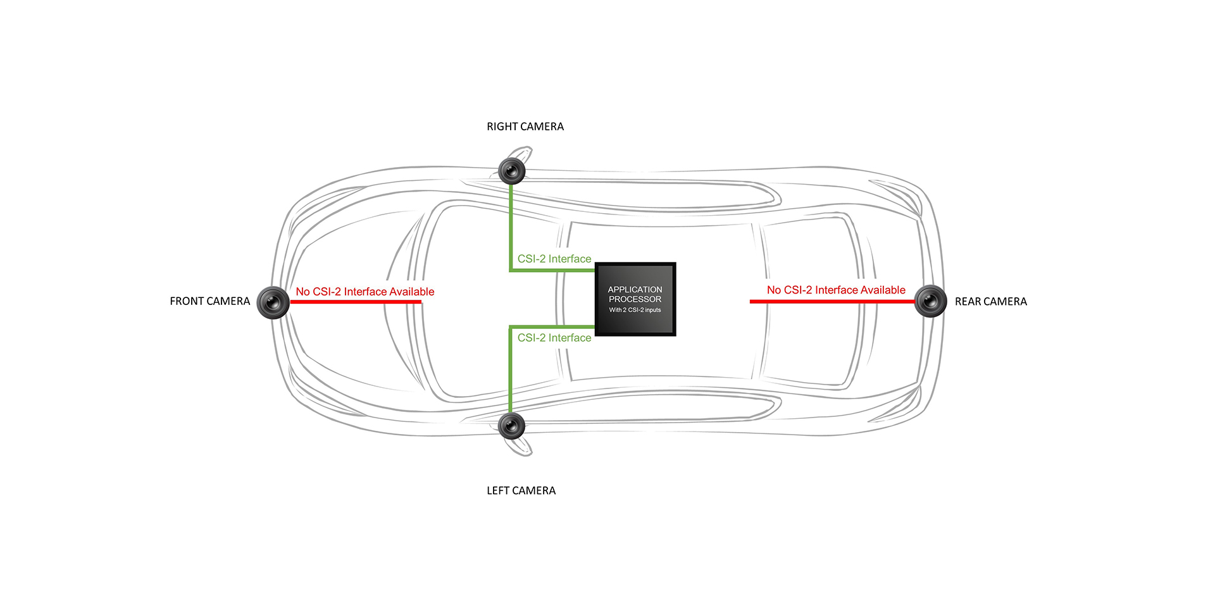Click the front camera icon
pos(273,302)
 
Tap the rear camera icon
pos(930,301)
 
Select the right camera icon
pos(512,171)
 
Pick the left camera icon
pos(512,426)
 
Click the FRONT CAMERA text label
pos(209,302)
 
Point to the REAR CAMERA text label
pos(990,302)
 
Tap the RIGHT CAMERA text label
pos(525,127)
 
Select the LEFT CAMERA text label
pos(521,491)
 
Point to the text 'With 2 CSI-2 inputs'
pos(635,310)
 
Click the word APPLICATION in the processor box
pos(635,290)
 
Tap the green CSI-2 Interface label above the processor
pos(554,259)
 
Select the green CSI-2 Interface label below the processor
pos(554,338)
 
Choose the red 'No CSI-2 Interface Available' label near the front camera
pos(365,292)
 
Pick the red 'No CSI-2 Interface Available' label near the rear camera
pos(836,290)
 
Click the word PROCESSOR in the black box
pos(635,299)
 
